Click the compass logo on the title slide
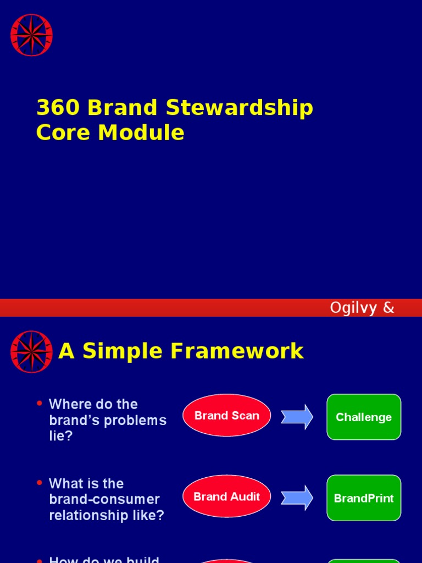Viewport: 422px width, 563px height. [x=31, y=35]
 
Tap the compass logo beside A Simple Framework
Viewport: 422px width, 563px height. [x=31, y=352]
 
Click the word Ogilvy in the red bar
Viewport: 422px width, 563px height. [x=353, y=308]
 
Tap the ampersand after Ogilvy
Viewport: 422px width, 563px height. [x=388, y=308]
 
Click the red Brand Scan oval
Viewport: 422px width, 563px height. [x=226, y=416]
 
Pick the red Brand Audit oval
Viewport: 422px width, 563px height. [x=226, y=496]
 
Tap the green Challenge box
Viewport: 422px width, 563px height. [x=364, y=417]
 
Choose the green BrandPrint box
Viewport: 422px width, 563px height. [x=364, y=498]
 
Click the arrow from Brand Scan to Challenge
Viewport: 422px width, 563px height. [x=297, y=417]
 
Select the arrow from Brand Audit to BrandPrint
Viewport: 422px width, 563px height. [x=297, y=498]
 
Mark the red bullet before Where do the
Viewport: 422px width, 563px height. [x=40, y=404]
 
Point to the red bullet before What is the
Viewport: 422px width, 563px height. [x=40, y=483]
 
